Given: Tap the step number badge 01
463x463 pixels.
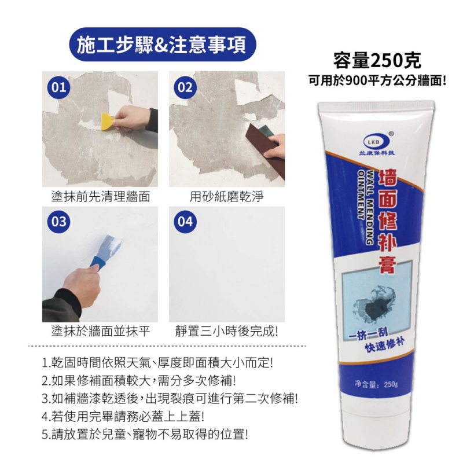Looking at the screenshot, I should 57,89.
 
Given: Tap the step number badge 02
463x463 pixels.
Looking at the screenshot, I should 185,89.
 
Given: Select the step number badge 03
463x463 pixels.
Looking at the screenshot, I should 57,222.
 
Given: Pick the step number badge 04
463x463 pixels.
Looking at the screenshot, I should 185,222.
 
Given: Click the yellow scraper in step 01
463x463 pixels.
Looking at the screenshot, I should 107,121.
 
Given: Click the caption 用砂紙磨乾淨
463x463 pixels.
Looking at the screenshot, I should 227,197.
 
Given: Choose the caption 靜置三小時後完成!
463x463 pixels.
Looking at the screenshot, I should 227,331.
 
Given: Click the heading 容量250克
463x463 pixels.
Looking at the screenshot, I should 377,60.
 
